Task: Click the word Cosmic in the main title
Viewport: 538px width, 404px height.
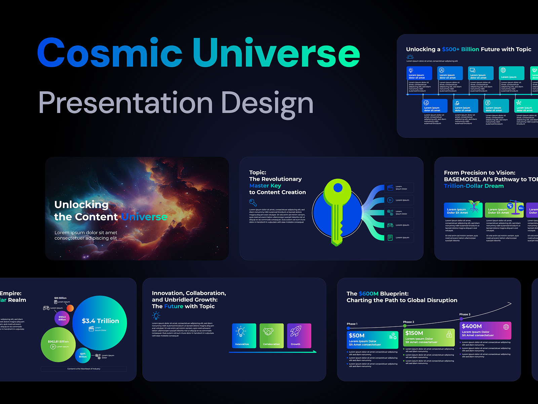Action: (x=110, y=53)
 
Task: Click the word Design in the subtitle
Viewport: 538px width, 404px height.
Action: (x=267, y=102)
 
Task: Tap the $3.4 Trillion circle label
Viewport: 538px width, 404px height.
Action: (x=100, y=321)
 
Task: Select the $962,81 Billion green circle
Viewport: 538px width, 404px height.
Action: (x=58, y=344)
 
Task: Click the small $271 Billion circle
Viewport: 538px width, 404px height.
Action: (x=83, y=355)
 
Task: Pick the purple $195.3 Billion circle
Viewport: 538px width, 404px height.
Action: (x=62, y=318)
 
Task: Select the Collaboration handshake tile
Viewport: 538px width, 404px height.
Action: (x=271, y=336)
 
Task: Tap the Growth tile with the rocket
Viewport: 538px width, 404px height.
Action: (x=299, y=336)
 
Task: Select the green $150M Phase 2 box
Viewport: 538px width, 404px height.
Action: (x=429, y=337)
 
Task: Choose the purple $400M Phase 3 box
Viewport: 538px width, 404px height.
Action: (x=485, y=330)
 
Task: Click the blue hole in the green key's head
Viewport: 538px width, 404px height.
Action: (x=338, y=188)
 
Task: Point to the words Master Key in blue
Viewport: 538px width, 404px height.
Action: (x=265, y=186)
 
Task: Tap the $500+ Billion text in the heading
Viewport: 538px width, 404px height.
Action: (x=460, y=49)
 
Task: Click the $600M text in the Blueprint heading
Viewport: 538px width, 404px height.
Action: (x=369, y=294)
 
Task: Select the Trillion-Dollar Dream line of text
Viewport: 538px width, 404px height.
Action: (x=473, y=186)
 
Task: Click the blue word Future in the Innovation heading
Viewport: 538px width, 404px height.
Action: (x=174, y=306)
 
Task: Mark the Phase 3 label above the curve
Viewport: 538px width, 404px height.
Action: (x=465, y=314)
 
